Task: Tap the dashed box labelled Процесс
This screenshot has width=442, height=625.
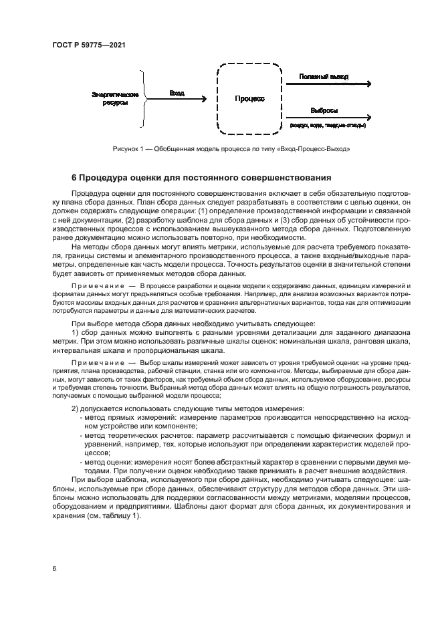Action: pyautogui.click(x=249, y=98)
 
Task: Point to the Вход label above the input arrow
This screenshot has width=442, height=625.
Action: pyautogui.click(x=177, y=93)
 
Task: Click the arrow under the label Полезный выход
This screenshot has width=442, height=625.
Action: pyautogui.click(x=328, y=84)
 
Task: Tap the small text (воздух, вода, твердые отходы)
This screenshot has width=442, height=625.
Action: pyautogui.click(x=326, y=125)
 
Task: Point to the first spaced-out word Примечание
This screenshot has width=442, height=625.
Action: pyautogui.click(x=96, y=285)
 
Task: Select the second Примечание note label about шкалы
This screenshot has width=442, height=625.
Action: pyautogui.click(x=96, y=362)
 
